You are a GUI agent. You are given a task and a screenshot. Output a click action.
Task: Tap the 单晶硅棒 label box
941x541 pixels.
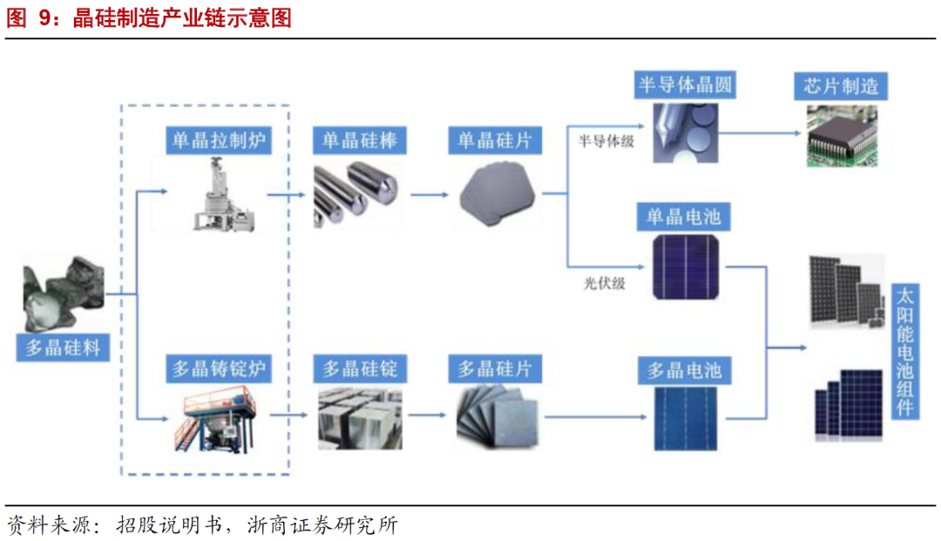coord(358,140)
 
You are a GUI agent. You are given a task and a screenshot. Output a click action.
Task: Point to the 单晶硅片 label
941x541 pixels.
coord(495,140)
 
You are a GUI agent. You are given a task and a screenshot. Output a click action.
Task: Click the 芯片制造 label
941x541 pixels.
coord(840,85)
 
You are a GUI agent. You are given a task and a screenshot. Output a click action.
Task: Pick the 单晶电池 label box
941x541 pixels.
coord(684,216)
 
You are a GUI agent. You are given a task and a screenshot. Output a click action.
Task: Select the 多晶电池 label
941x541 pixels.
coord(684,371)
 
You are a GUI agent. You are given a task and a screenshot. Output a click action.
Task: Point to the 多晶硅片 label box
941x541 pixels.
coord(495,369)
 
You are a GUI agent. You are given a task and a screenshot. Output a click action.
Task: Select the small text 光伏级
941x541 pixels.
coord(604,283)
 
